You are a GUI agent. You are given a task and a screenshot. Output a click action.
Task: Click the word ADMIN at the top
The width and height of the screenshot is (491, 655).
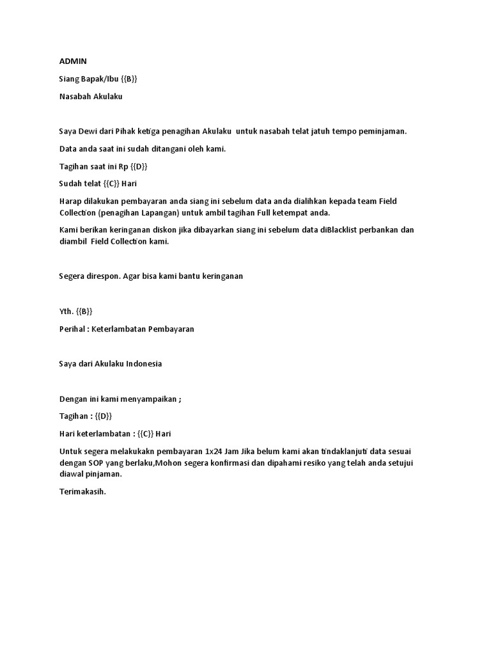pyautogui.click(x=72, y=61)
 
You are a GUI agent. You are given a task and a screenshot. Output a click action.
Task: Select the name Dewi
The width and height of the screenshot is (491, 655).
pyautogui.click(x=89, y=131)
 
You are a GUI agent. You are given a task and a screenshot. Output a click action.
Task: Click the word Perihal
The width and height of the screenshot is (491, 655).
pyautogui.click(x=73, y=329)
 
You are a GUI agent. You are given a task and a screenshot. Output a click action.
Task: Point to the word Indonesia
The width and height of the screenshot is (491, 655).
pyautogui.click(x=144, y=364)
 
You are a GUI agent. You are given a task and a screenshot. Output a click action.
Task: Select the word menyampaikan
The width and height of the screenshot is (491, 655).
pyautogui.click(x=148, y=399)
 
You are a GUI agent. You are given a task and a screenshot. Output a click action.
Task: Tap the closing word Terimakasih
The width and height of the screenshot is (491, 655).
pyautogui.click(x=82, y=492)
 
